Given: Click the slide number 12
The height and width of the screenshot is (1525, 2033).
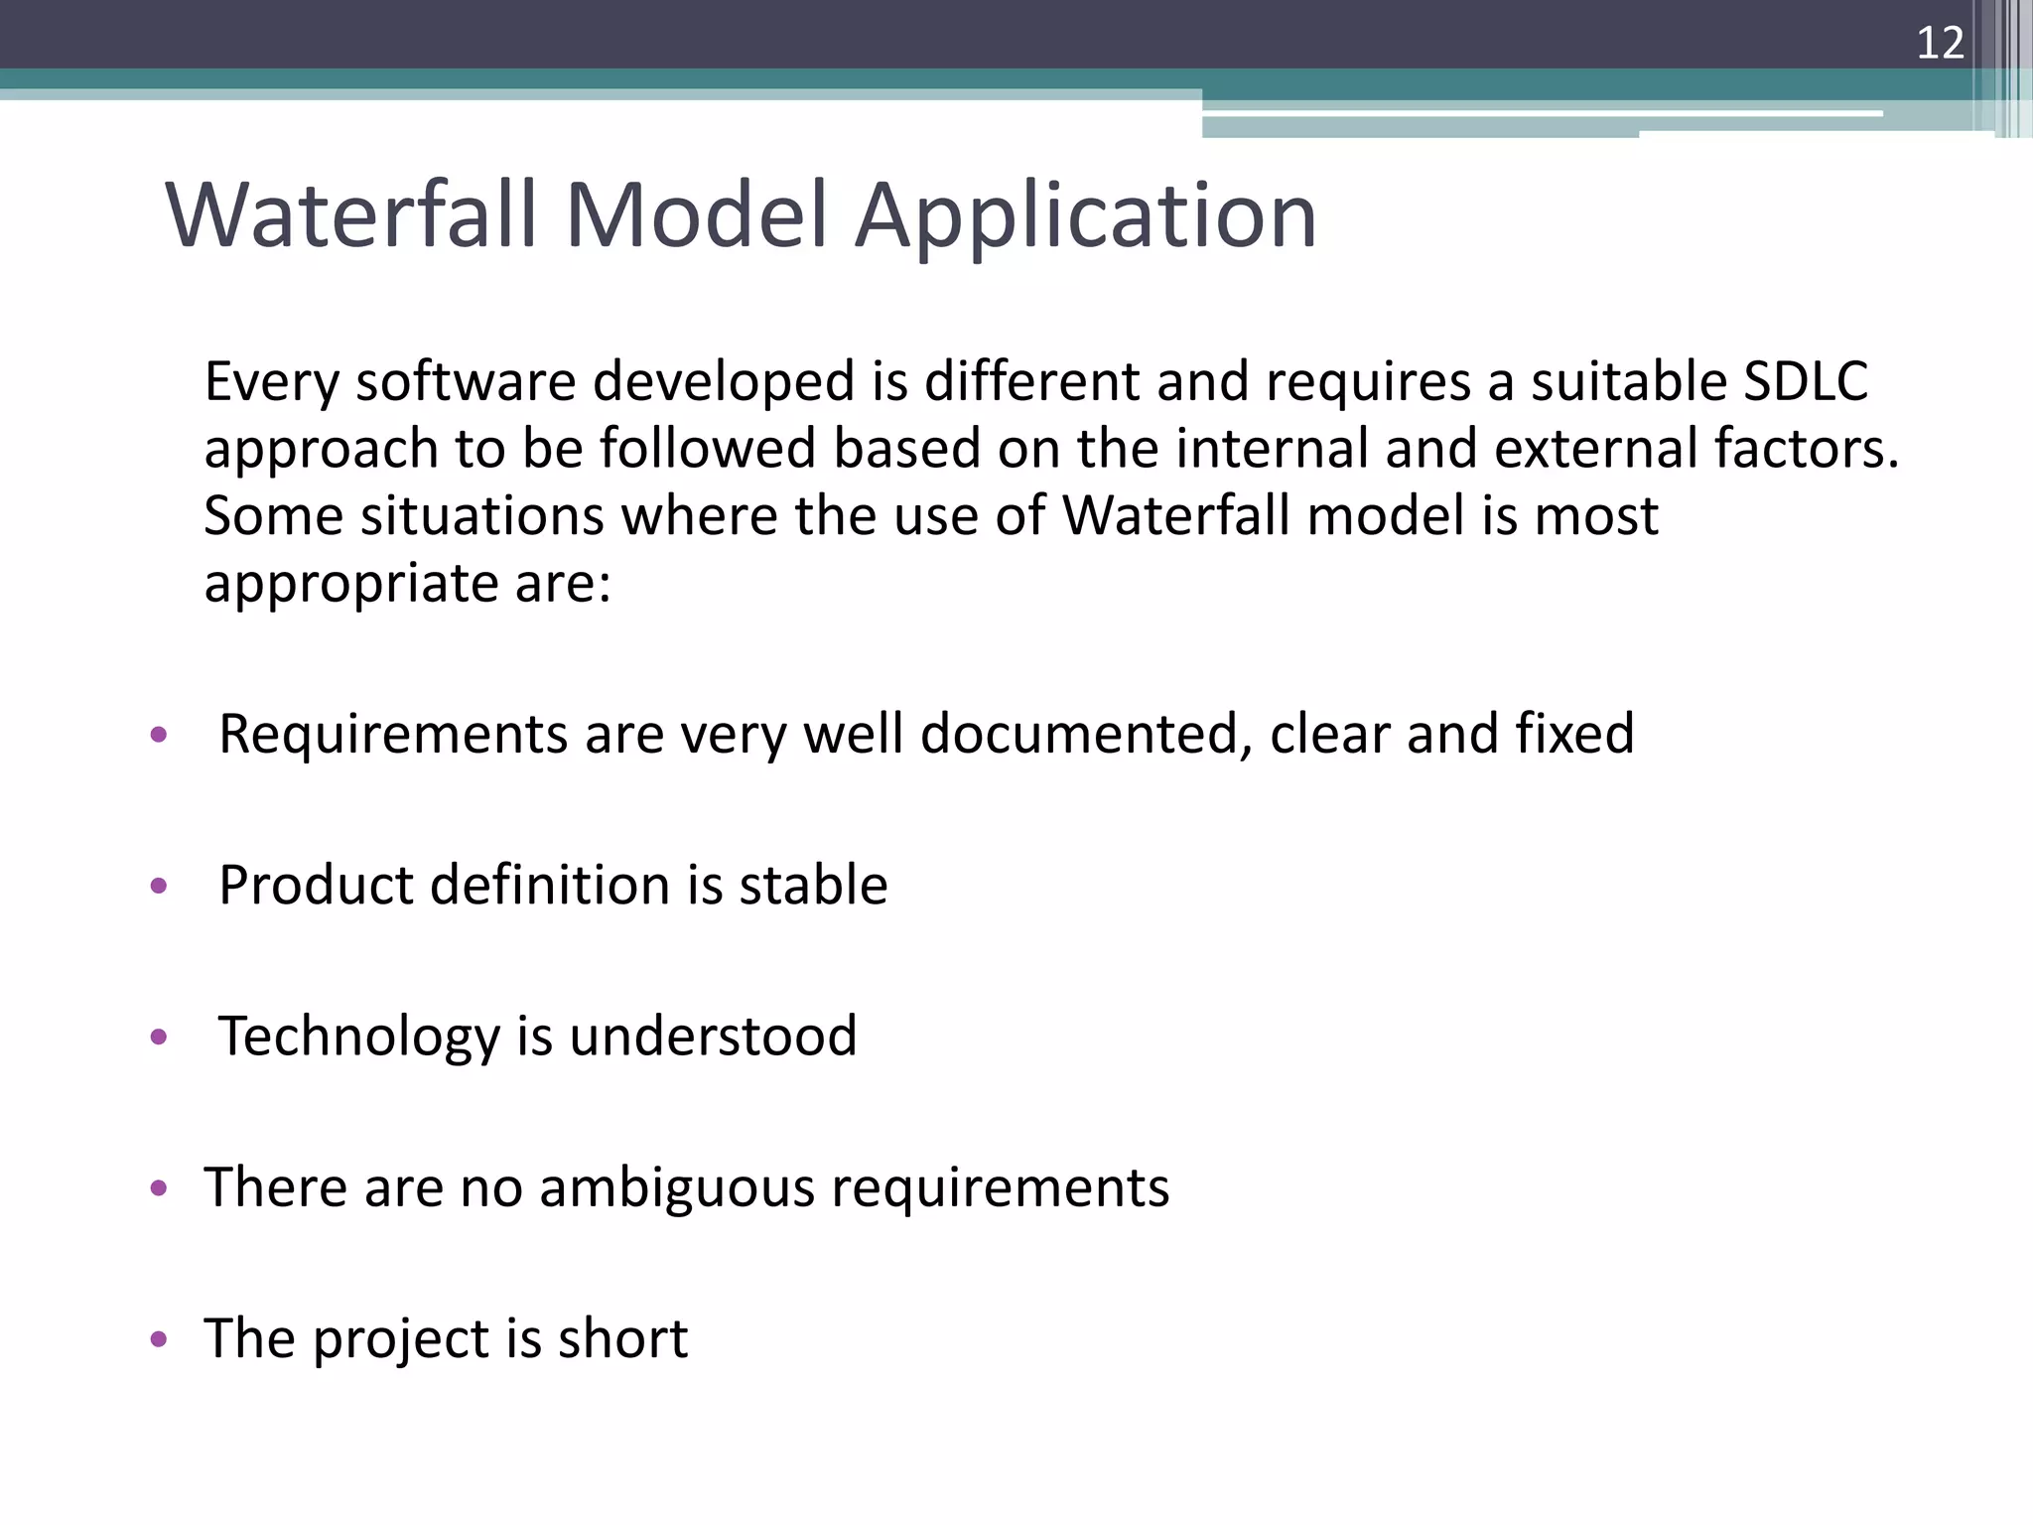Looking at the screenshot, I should (1940, 44).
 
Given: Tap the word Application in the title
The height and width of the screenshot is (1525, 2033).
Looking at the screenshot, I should (1086, 215).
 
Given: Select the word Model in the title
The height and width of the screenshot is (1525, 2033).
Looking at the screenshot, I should (696, 215).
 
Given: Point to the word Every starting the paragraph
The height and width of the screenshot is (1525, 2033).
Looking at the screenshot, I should (271, 381).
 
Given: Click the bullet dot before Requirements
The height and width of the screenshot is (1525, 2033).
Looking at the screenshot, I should (159, 736).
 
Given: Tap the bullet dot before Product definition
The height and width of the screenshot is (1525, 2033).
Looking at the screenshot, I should (159, 886).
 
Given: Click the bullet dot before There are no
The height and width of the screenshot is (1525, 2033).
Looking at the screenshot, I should (159, 1188).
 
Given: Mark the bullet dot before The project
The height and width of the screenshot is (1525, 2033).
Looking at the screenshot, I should (159, 1339).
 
